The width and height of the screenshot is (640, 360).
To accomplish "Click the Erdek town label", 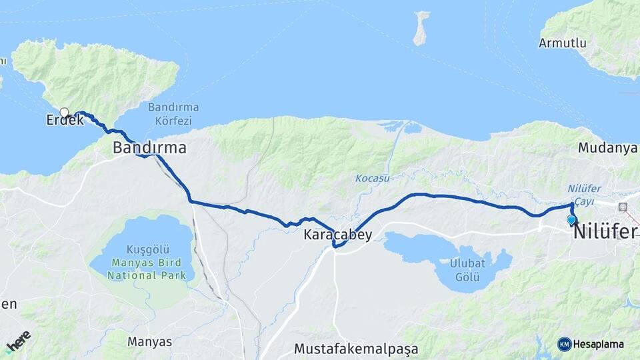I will coord(65,121).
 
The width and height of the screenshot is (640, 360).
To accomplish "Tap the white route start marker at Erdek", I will coord(64,112).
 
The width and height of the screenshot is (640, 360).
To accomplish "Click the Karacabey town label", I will coord(337,235).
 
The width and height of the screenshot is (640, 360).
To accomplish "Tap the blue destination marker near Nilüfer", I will coord(571,220).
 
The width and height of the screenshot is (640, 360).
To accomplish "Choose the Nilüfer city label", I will coord(606,231).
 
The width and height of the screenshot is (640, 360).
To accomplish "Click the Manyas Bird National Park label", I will coord(141,269).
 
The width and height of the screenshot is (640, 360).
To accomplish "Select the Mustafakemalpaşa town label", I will coord(356,349).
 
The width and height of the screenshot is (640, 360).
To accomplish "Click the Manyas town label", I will coord(149,342).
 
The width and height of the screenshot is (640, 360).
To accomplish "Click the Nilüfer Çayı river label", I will coord(585,194).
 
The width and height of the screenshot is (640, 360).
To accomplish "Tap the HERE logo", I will coord(18,341).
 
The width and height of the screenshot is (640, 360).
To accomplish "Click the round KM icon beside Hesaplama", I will coord(565,344).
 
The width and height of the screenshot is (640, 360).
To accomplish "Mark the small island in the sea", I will coord(421,28).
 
